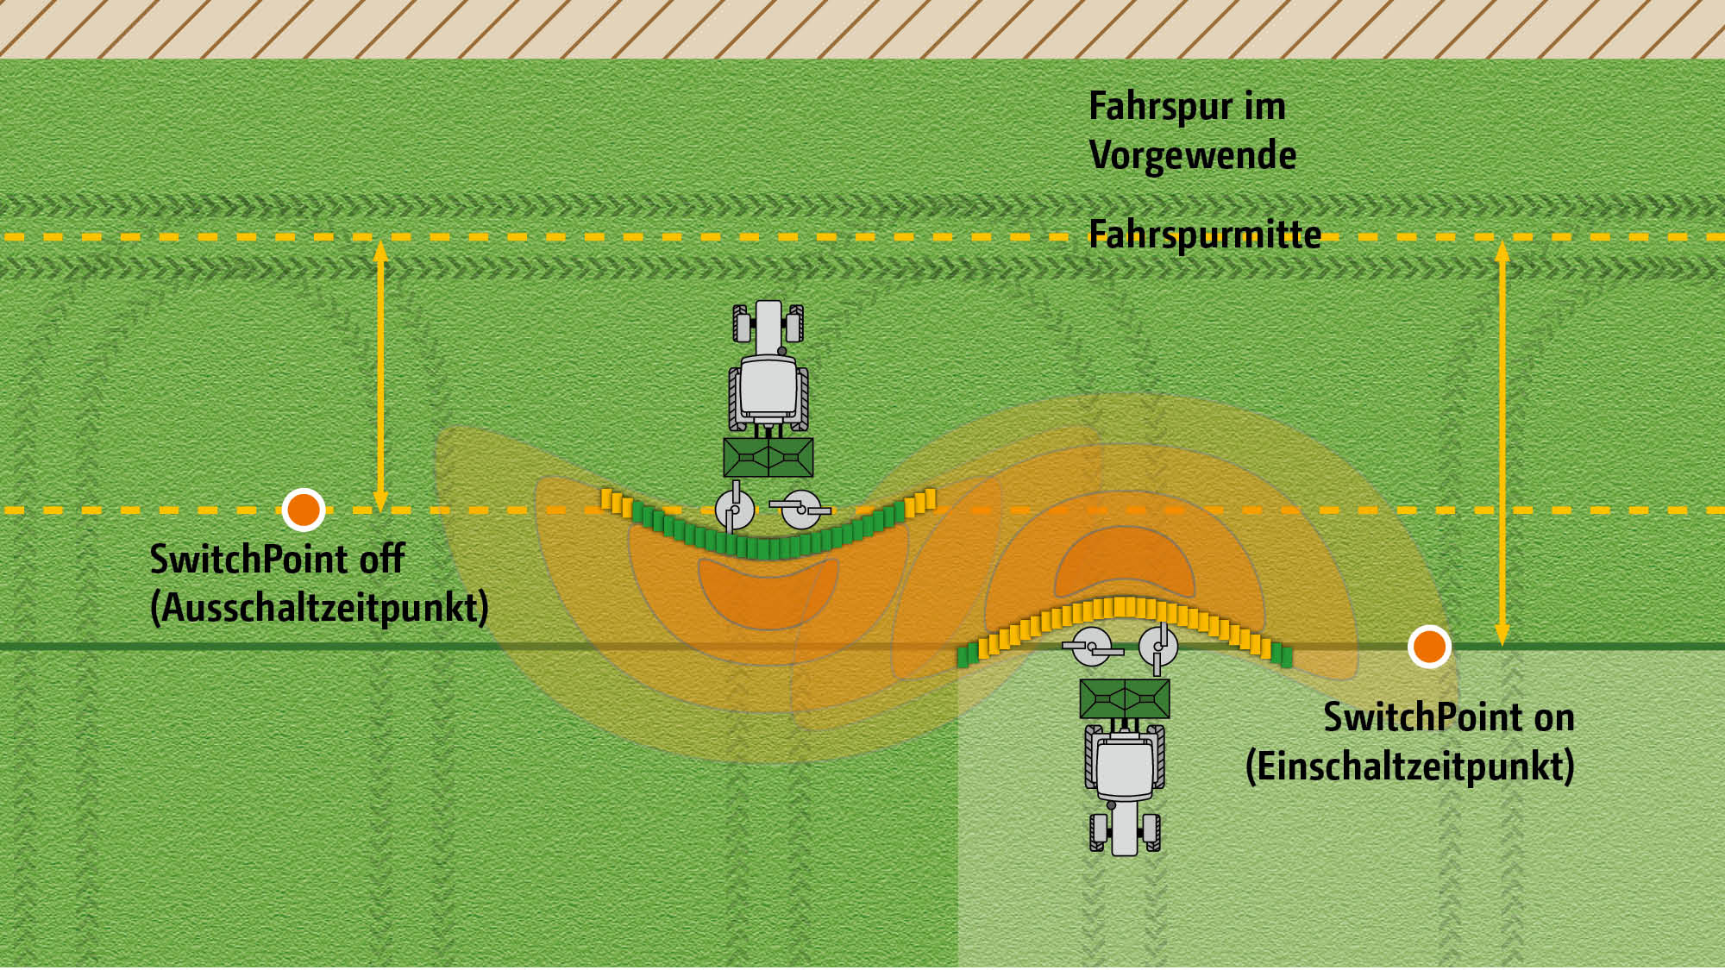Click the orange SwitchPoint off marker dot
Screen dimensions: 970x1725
point(304,510)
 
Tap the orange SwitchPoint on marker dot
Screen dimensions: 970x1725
point(1428,647)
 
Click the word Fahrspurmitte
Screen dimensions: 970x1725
point(1204,235)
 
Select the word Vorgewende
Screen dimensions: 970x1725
point(1192,156)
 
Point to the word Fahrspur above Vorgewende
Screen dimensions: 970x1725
point(1161,107)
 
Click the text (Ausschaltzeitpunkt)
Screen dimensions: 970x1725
point(319,608)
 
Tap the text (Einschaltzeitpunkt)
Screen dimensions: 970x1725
point(1409,766)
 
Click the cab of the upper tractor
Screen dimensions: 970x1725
point(768,386)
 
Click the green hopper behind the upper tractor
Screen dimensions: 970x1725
point(768,457)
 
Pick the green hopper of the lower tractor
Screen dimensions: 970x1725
point(1125,698)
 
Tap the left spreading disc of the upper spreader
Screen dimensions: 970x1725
point(734,510)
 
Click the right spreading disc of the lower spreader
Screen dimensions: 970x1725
point(1157,647)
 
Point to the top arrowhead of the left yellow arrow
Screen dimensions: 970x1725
point(380,250)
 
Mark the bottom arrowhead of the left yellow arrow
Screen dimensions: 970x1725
point(380,501)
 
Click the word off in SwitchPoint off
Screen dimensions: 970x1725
point(382,560)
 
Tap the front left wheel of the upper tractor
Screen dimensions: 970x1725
point(741,324)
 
